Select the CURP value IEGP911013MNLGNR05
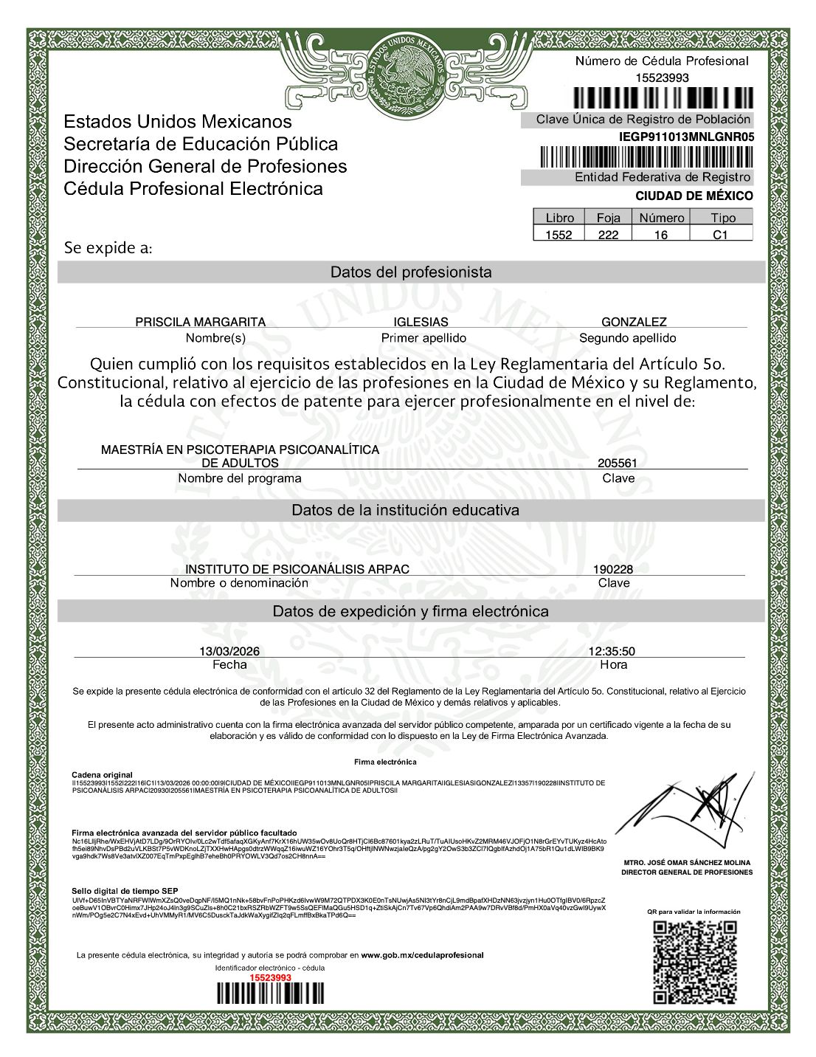pos(686,137)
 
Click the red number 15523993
pos(270,977)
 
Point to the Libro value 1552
pos(559,235)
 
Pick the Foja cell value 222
pos(608,235)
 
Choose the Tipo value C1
pos(720,235)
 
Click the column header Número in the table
pos(662,218)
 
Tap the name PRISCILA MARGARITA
pos(200,322)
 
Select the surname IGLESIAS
pos(421,322)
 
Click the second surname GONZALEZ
pos(634,322)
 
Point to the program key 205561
pos(618,464)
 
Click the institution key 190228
pos(613,569)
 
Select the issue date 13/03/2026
pos(229,651)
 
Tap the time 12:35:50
pos(612,651)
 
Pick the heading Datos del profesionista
pos(410,272)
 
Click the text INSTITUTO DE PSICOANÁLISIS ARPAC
pos(297,569)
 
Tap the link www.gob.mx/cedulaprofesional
pos(422,955)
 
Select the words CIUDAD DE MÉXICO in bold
pos(694,196)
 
